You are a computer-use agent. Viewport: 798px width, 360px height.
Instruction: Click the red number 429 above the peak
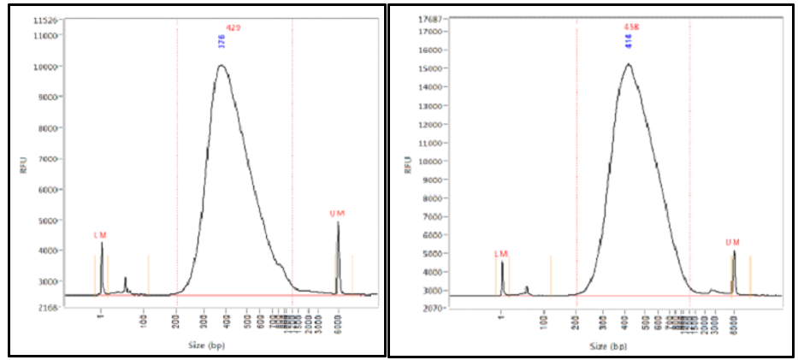[233, 28]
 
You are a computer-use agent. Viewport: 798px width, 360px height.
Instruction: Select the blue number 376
[222, 41]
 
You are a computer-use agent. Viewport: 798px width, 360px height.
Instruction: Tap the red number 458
[632, 27]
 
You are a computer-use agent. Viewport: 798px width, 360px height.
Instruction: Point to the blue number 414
[628, 41]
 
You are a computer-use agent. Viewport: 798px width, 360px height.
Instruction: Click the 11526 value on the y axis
[46, 20]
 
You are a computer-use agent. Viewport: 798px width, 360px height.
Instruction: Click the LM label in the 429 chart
[100, 234]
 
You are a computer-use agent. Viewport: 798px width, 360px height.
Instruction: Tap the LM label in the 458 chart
[501, 253]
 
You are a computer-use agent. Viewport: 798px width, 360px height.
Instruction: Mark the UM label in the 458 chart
[732, 242]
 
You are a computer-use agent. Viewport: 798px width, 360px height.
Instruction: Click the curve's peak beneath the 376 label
[222, 65]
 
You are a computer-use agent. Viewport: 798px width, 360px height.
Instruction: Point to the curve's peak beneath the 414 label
[628, 63]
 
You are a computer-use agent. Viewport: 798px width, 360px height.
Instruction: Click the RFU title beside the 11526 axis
[23, 165]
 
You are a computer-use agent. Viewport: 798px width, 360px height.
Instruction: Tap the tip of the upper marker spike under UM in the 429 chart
[338, 222]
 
